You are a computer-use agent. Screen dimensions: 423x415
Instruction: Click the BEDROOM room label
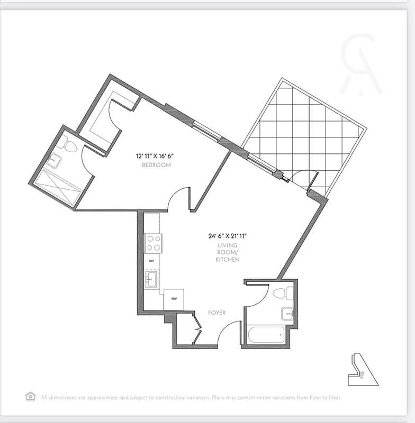(156, 165)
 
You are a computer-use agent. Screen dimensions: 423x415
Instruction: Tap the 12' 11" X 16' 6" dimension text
(155, 156)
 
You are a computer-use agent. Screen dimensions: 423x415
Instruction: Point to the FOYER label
(216, 313)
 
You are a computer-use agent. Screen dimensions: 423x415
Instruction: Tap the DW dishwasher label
(151, 261)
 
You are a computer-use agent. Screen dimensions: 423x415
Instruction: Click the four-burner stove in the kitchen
(154, 244)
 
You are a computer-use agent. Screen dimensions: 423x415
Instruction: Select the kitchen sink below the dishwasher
(151, 279)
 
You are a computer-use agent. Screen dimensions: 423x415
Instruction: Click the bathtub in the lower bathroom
(265, 335)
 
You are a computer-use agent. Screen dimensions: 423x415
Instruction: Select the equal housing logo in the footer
(31, 396)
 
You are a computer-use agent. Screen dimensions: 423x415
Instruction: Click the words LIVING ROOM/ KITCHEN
(228, 253)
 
